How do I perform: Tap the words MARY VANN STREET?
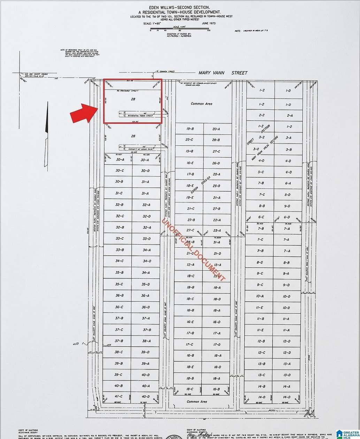[223, 73]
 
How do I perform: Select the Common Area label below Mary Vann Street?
[201, 104]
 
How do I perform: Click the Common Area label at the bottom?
[197, 401]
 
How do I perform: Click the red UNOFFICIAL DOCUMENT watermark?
[194, 249]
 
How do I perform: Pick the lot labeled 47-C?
[118, 396]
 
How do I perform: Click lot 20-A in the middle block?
[216, 129]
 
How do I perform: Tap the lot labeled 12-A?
[190, 265]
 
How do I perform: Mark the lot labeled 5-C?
[261, 172]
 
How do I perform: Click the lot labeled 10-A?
[260, 296]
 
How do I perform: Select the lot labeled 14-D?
[286, 397]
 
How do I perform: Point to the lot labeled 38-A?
[146, 341]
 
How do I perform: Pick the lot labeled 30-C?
[120, 171]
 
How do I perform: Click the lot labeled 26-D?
[216, 163]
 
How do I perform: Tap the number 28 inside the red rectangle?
[133, 99]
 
